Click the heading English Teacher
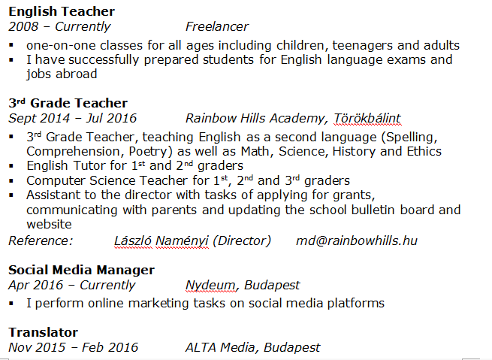(62, 11)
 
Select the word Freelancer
(217, 27)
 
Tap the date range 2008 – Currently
(59, 27)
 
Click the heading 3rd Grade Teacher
(68, 103)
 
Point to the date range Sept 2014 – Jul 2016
(72, 118)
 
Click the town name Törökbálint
(367, 118)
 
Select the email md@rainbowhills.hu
(357, 241)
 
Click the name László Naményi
(161, 241)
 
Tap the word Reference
(41, 241)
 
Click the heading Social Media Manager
(81, 269)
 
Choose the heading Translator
(43, 331)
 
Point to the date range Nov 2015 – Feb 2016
(74, 347)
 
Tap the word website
(49, 224)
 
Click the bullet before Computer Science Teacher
(12, 181)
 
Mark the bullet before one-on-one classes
(12, 45)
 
